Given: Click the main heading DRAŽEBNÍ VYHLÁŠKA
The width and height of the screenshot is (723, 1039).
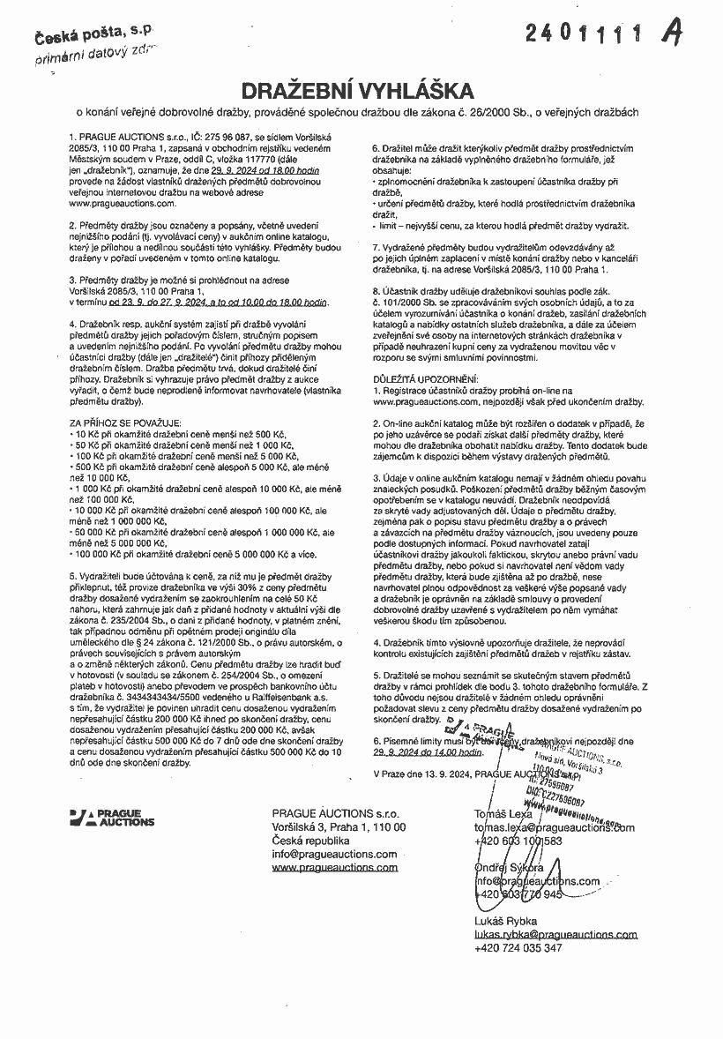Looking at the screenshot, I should tap(361, 91).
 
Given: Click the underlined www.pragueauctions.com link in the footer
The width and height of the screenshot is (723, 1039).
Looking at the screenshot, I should tap(335, 867).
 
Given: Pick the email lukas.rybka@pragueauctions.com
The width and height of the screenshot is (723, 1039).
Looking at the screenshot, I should tap(555, 934).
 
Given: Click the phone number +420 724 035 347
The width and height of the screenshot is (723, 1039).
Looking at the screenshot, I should tap(518, 948).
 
